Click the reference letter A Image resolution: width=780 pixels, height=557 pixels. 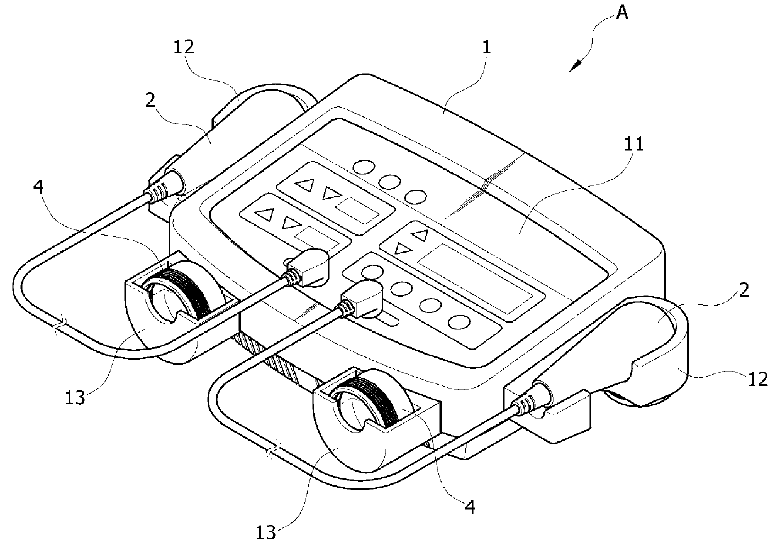coord(621,13)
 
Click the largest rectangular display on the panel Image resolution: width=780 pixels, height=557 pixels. coord(481,274)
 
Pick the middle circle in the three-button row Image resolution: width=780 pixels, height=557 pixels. coord(389,181)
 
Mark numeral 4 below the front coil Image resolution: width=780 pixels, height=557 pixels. coord(470,505)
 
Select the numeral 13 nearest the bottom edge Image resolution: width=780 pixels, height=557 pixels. coord(265,533)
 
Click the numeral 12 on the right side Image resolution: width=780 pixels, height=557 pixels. coord(758,378)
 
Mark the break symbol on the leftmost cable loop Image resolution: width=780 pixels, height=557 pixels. coord(57,327)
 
